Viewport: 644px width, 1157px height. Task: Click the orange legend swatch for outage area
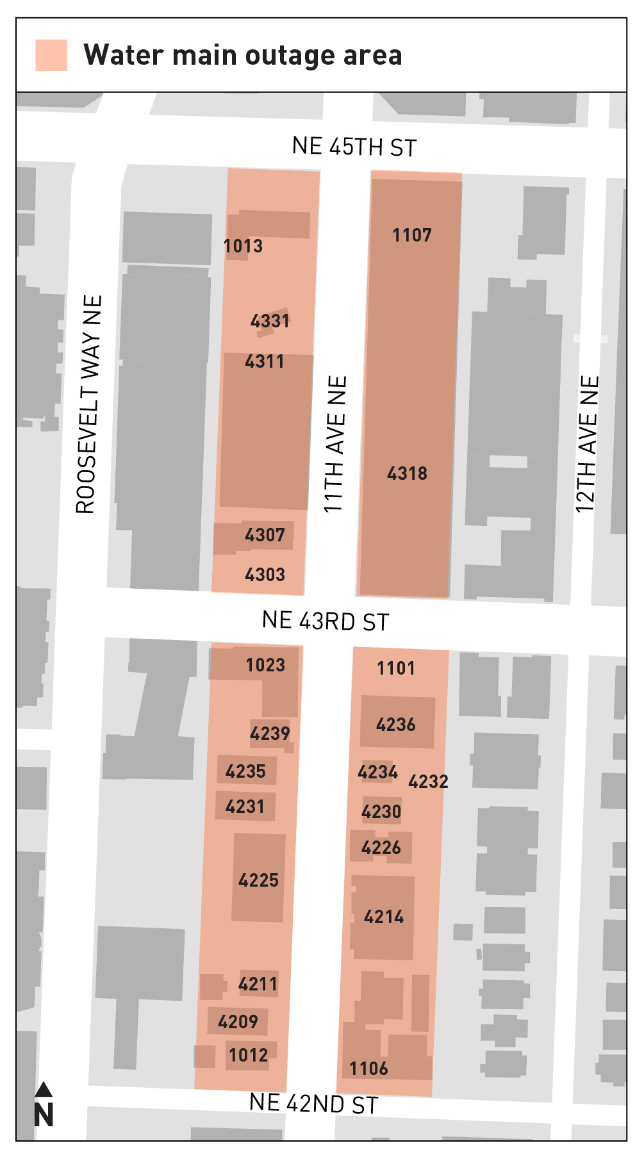tap(51, 55)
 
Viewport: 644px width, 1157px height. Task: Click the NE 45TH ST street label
tap(354, 147)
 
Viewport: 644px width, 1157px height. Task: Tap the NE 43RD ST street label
tap(326, 621)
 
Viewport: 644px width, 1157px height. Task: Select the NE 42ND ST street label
tap(313, 1103)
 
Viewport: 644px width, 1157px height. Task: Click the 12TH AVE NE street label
tap(587, 444)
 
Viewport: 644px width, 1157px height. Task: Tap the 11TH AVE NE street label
tap(335, 444)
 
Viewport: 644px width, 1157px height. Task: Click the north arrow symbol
tap(44, 1105)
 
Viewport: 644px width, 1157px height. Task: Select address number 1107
tap(412, 235)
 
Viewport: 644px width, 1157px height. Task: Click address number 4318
tap(407, 473)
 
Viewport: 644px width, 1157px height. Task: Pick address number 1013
tap(243, 246)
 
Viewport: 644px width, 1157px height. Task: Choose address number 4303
tap(265, 575)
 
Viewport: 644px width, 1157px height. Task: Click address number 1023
tap(265, 665)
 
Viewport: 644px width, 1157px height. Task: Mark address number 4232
tap(428, 782)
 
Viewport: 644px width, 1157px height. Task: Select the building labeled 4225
tap(258, 880)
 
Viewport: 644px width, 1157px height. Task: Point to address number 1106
tap(368, 1069)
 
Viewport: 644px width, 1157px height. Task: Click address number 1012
tap(248, 1055)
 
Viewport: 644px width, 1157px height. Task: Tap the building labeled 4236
tap(396, 725)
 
